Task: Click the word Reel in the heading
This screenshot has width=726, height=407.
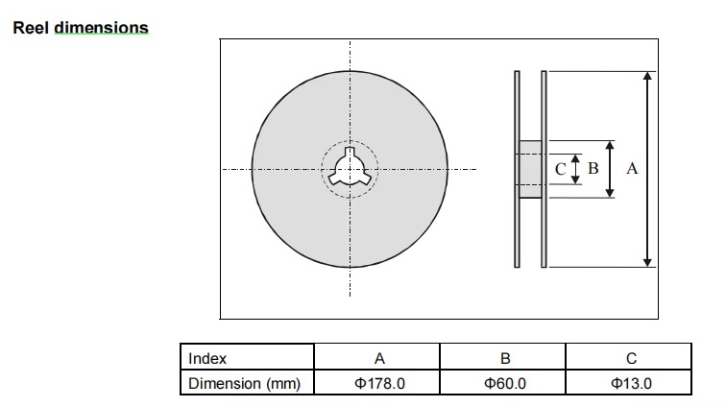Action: point(31,28)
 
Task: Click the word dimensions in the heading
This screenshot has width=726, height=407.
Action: point(102,28)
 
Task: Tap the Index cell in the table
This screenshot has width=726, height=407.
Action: point(207,358)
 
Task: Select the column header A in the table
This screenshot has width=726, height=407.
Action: point(379,358)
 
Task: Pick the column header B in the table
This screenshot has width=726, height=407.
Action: point(505,358)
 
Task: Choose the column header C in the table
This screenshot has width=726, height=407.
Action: point(631,358)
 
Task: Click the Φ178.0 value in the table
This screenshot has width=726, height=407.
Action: point(379,383)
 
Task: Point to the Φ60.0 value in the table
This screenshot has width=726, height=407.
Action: point(505,383)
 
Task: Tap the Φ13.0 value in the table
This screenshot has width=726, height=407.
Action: point(631,383)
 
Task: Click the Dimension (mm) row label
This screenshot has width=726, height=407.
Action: point(245,383)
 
